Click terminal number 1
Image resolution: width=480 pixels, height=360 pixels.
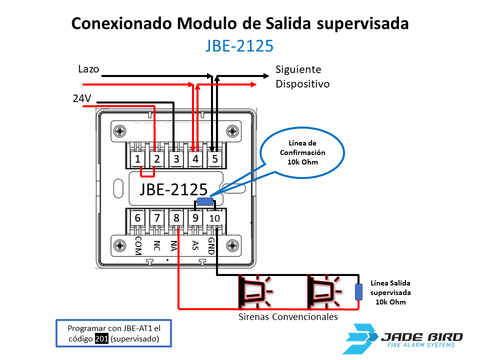click(137, 159)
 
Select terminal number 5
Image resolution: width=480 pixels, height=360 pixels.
click(214, 159)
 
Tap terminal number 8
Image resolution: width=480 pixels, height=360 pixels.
click(176, 218)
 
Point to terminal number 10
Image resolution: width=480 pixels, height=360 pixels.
click(214, 218)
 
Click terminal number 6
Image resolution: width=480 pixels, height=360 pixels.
click(137, 218)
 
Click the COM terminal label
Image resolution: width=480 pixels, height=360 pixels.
click(138, 245)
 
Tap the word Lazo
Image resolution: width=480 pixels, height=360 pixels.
click(88, 69)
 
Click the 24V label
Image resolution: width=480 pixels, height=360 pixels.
click(81, 98)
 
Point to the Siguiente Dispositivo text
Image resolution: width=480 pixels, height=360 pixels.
click(302, 76)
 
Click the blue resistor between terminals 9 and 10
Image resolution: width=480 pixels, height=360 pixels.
click(204, 201)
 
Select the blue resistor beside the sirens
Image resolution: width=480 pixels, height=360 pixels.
click(358, 291)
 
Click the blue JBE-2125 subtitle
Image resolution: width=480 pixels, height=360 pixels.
click(239, 46)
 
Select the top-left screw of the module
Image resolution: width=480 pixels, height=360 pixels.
click(120, 132)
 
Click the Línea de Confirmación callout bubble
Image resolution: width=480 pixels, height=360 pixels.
click(302, 152)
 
